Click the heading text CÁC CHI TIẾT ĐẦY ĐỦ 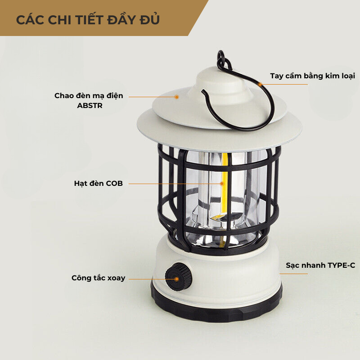click(x=88, y=19)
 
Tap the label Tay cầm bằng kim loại click(x=312, y=76)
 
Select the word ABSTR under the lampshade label click(x=90, y=106)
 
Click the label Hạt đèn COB click(x=98, y=184)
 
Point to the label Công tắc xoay click(x=98, y=278)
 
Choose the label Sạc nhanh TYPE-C click(x=320, y=265)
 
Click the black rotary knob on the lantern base click(x=178, y=277)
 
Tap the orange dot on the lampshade click(x=176, y=97)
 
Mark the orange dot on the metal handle click(x=260, y=85)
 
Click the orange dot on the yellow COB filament click(x=222, y=184)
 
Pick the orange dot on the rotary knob click(x=176, y=279)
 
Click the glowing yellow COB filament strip click(x=225, y=184)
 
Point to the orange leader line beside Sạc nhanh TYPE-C click(x=293, y=274)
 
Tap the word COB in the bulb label click(x=114, y=184)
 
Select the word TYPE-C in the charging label click(x=341, y=265)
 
